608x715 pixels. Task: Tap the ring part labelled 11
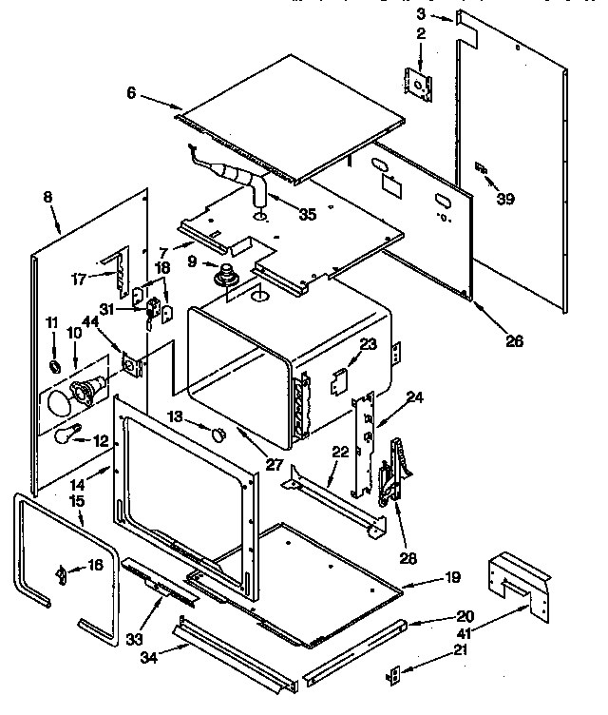tap(55, 365)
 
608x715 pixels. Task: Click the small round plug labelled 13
tap(218, 434)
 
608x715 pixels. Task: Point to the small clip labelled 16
tap(61, 573)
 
